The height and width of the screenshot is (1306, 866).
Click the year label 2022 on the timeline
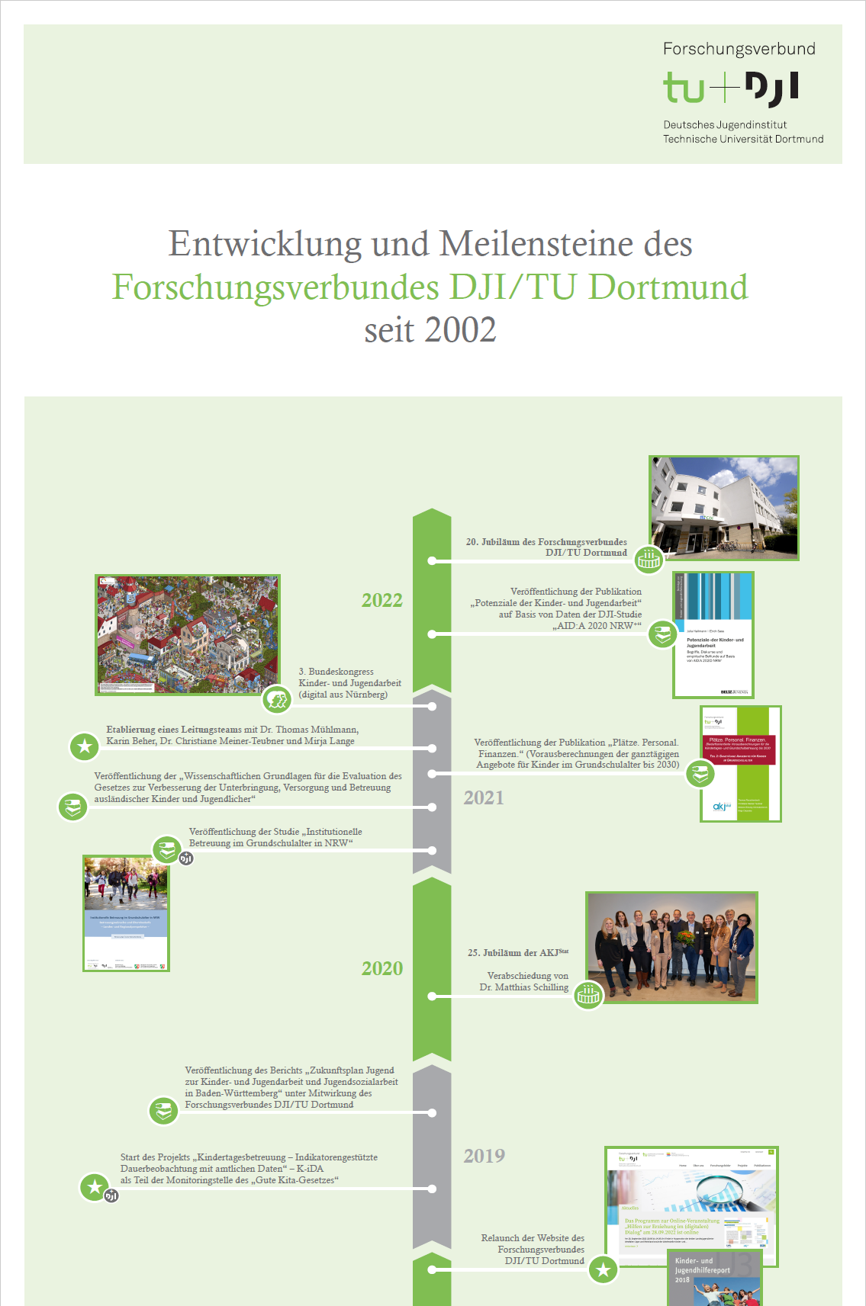[x=381, y=601]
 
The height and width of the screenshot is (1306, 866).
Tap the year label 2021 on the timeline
[x=484, y=798]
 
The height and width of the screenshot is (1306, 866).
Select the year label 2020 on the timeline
[x=381, y=969]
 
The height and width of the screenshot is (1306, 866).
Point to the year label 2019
[x=484, y=1157]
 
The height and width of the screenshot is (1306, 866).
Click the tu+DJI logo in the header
[x=730, y=88]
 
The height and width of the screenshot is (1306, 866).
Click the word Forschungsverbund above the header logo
[x=739, y=50]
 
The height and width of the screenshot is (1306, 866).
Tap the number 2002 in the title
[x=460, y=331]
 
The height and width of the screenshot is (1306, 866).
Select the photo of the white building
[x=723, y=508]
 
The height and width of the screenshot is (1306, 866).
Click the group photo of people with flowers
[x=671, y=947]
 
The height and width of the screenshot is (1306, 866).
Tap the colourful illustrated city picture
[x=188, y=634]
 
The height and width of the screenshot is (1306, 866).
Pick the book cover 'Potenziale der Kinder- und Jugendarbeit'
[x=713, y=635]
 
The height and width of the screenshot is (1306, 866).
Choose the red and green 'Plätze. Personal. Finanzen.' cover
[x=740, y=763]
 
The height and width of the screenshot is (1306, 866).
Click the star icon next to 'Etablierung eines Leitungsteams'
[x=85, y=746]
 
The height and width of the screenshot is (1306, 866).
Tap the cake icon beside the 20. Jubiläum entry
[x=649, y=560]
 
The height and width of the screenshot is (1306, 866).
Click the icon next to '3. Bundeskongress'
[x=277, y=699]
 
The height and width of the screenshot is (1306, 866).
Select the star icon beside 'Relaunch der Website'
[x=604, y=1269]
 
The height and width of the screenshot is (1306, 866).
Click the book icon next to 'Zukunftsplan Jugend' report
[x=163, y=1111]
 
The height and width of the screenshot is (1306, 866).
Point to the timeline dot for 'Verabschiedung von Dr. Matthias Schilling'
[x=432, y=996]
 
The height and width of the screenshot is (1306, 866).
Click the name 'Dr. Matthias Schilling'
[x=523, y=987]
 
